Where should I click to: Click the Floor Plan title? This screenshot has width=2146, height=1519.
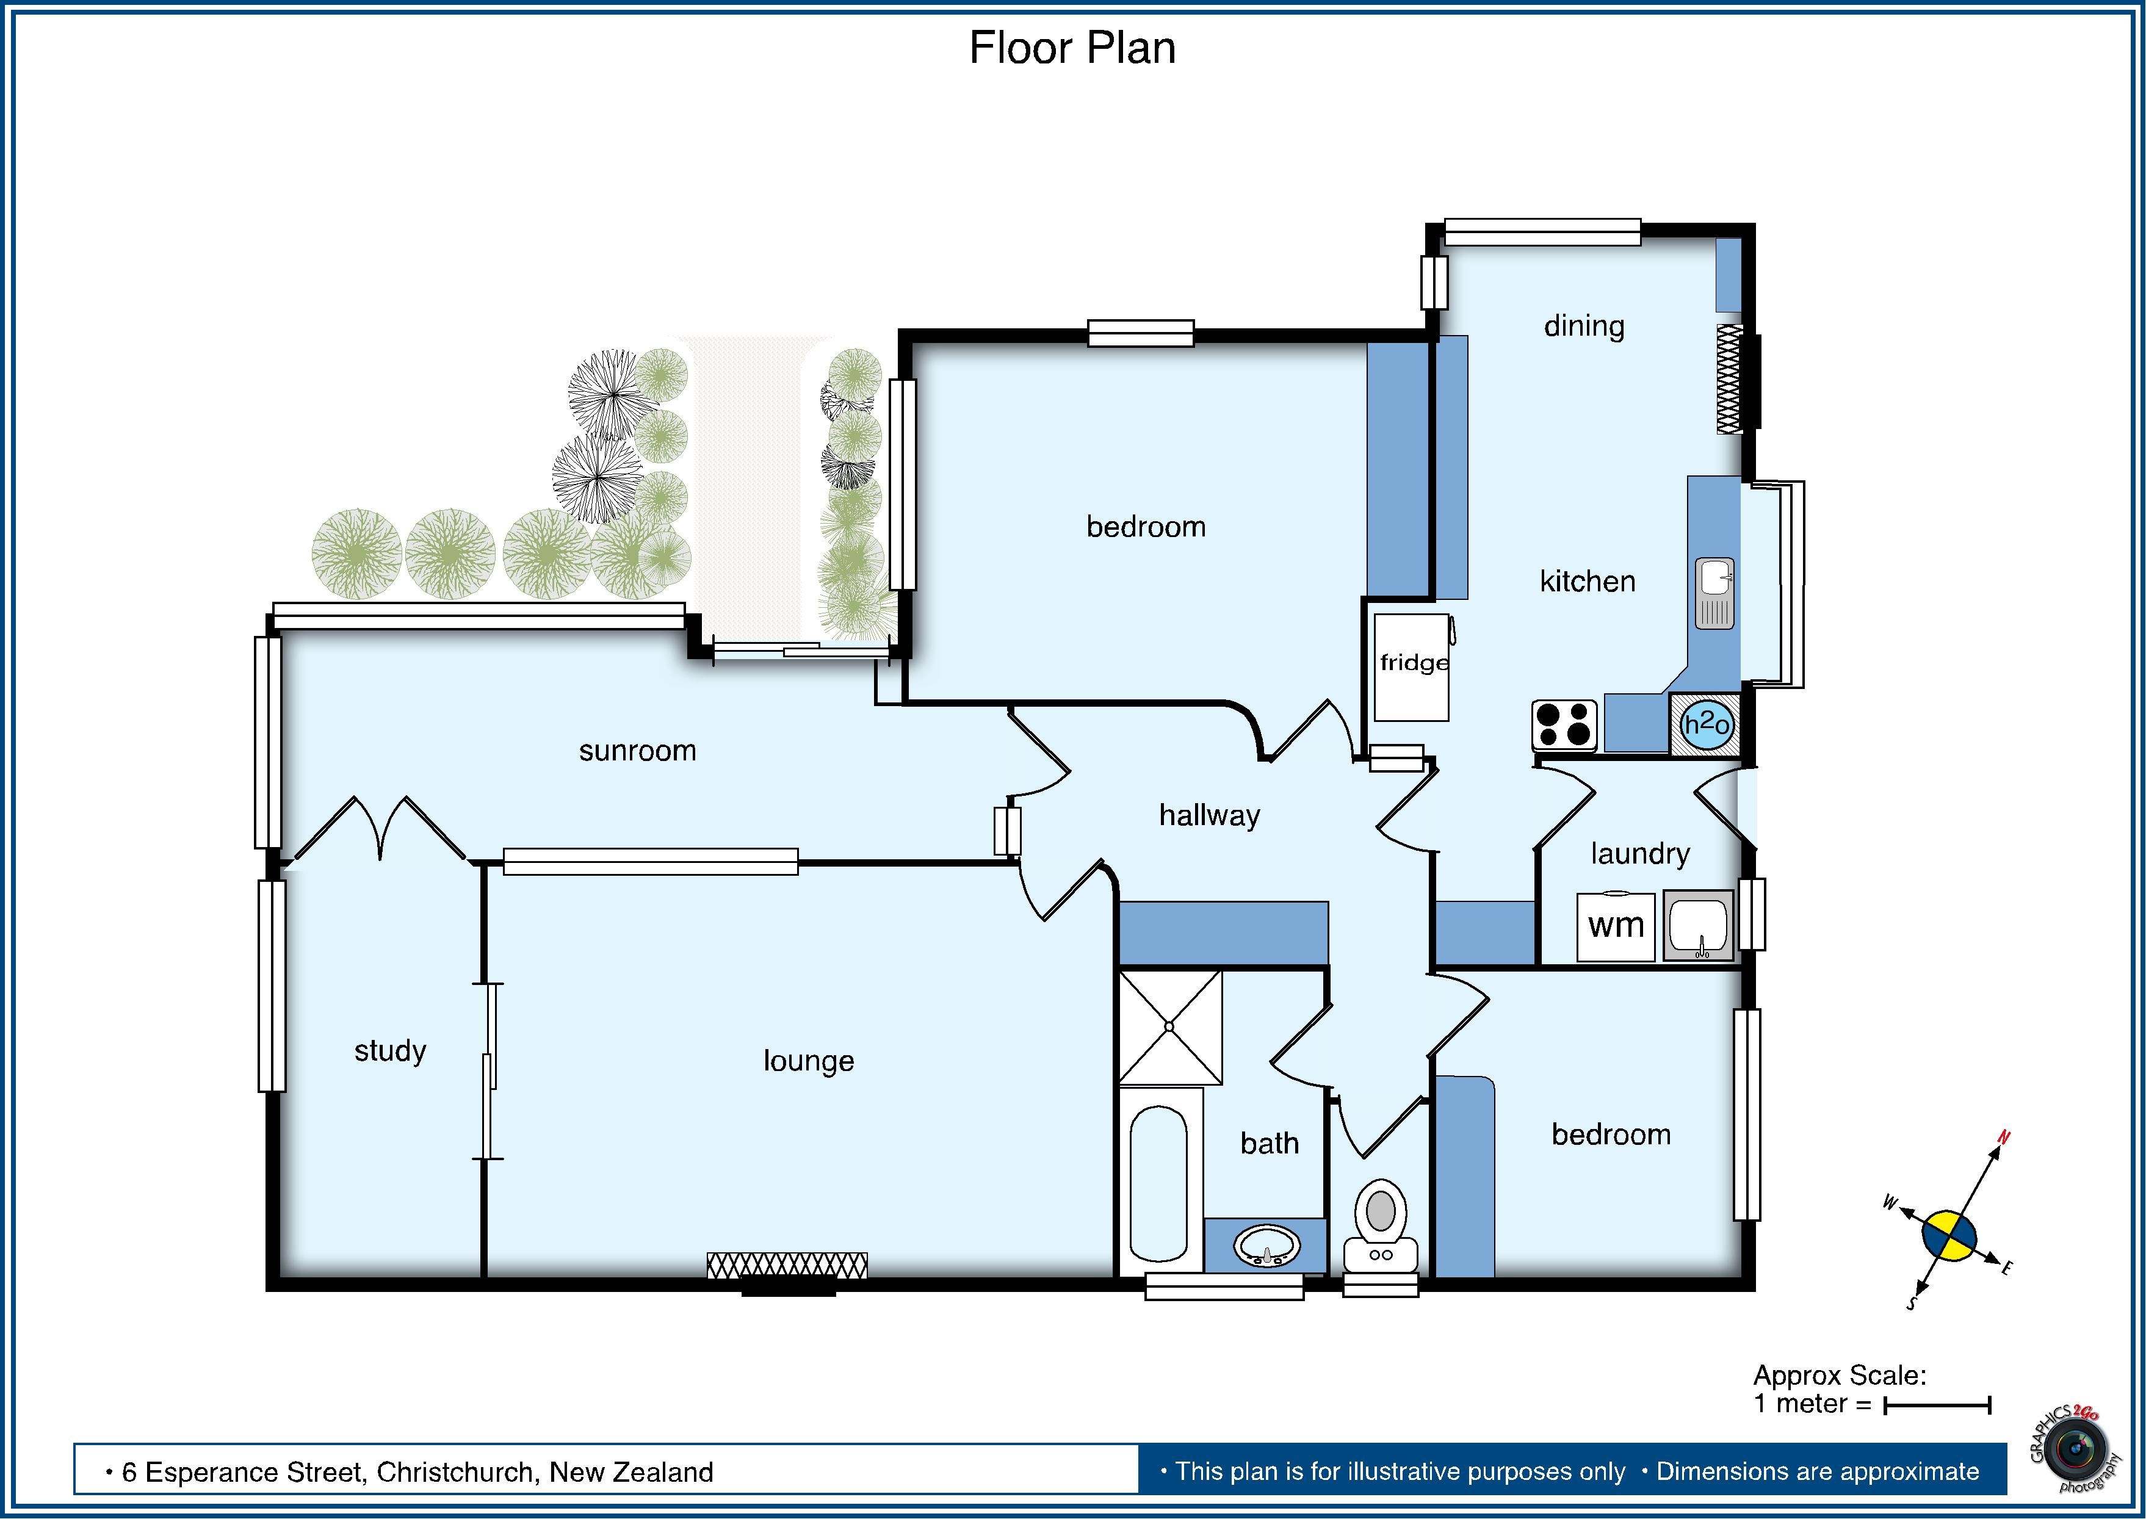1072,48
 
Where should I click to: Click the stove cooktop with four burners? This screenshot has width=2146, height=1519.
1564,725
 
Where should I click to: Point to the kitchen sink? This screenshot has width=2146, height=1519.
1714,593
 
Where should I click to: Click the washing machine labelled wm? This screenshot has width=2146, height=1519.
1616,926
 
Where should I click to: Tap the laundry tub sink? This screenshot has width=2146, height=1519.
1698,925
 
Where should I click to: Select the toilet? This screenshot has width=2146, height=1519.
1381,1226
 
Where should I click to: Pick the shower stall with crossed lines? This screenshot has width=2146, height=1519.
1170,1027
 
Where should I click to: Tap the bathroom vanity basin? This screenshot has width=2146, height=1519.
1266,1246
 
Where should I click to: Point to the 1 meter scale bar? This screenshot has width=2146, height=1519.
1937,1432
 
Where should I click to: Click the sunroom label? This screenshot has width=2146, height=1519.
637,751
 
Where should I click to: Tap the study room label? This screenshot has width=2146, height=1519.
390,1052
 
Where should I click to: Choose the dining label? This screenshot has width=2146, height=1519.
1584,327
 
